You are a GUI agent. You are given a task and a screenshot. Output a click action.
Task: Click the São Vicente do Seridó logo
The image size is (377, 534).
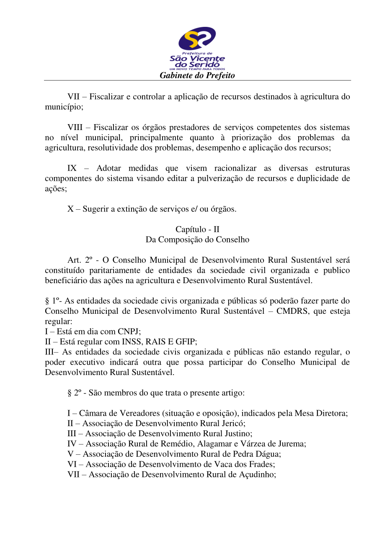tap(197, 48)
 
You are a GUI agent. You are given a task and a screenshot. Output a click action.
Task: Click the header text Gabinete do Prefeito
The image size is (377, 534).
tap(197, 76)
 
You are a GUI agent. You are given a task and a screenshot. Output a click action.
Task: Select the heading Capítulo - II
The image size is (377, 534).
tap(197, 229)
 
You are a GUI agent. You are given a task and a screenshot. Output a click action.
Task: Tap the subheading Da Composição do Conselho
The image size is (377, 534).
tap(197, 240)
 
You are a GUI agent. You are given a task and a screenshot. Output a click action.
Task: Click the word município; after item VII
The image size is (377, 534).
tap(64, 107)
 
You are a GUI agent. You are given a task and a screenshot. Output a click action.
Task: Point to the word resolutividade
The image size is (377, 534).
tap(112, 148)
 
